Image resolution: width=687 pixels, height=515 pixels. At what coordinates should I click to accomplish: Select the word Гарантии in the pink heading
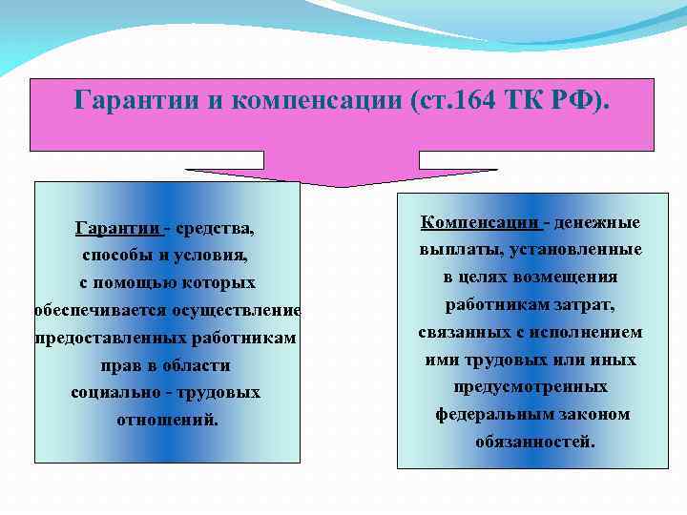point(133,100)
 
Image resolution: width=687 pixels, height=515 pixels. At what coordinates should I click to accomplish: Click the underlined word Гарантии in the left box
point(117,229)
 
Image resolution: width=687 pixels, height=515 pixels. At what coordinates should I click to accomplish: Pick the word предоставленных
point(106,339)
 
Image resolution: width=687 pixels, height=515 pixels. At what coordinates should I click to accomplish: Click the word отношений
point(166,420)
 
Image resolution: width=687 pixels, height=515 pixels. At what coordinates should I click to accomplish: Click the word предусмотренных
point(531,388)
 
